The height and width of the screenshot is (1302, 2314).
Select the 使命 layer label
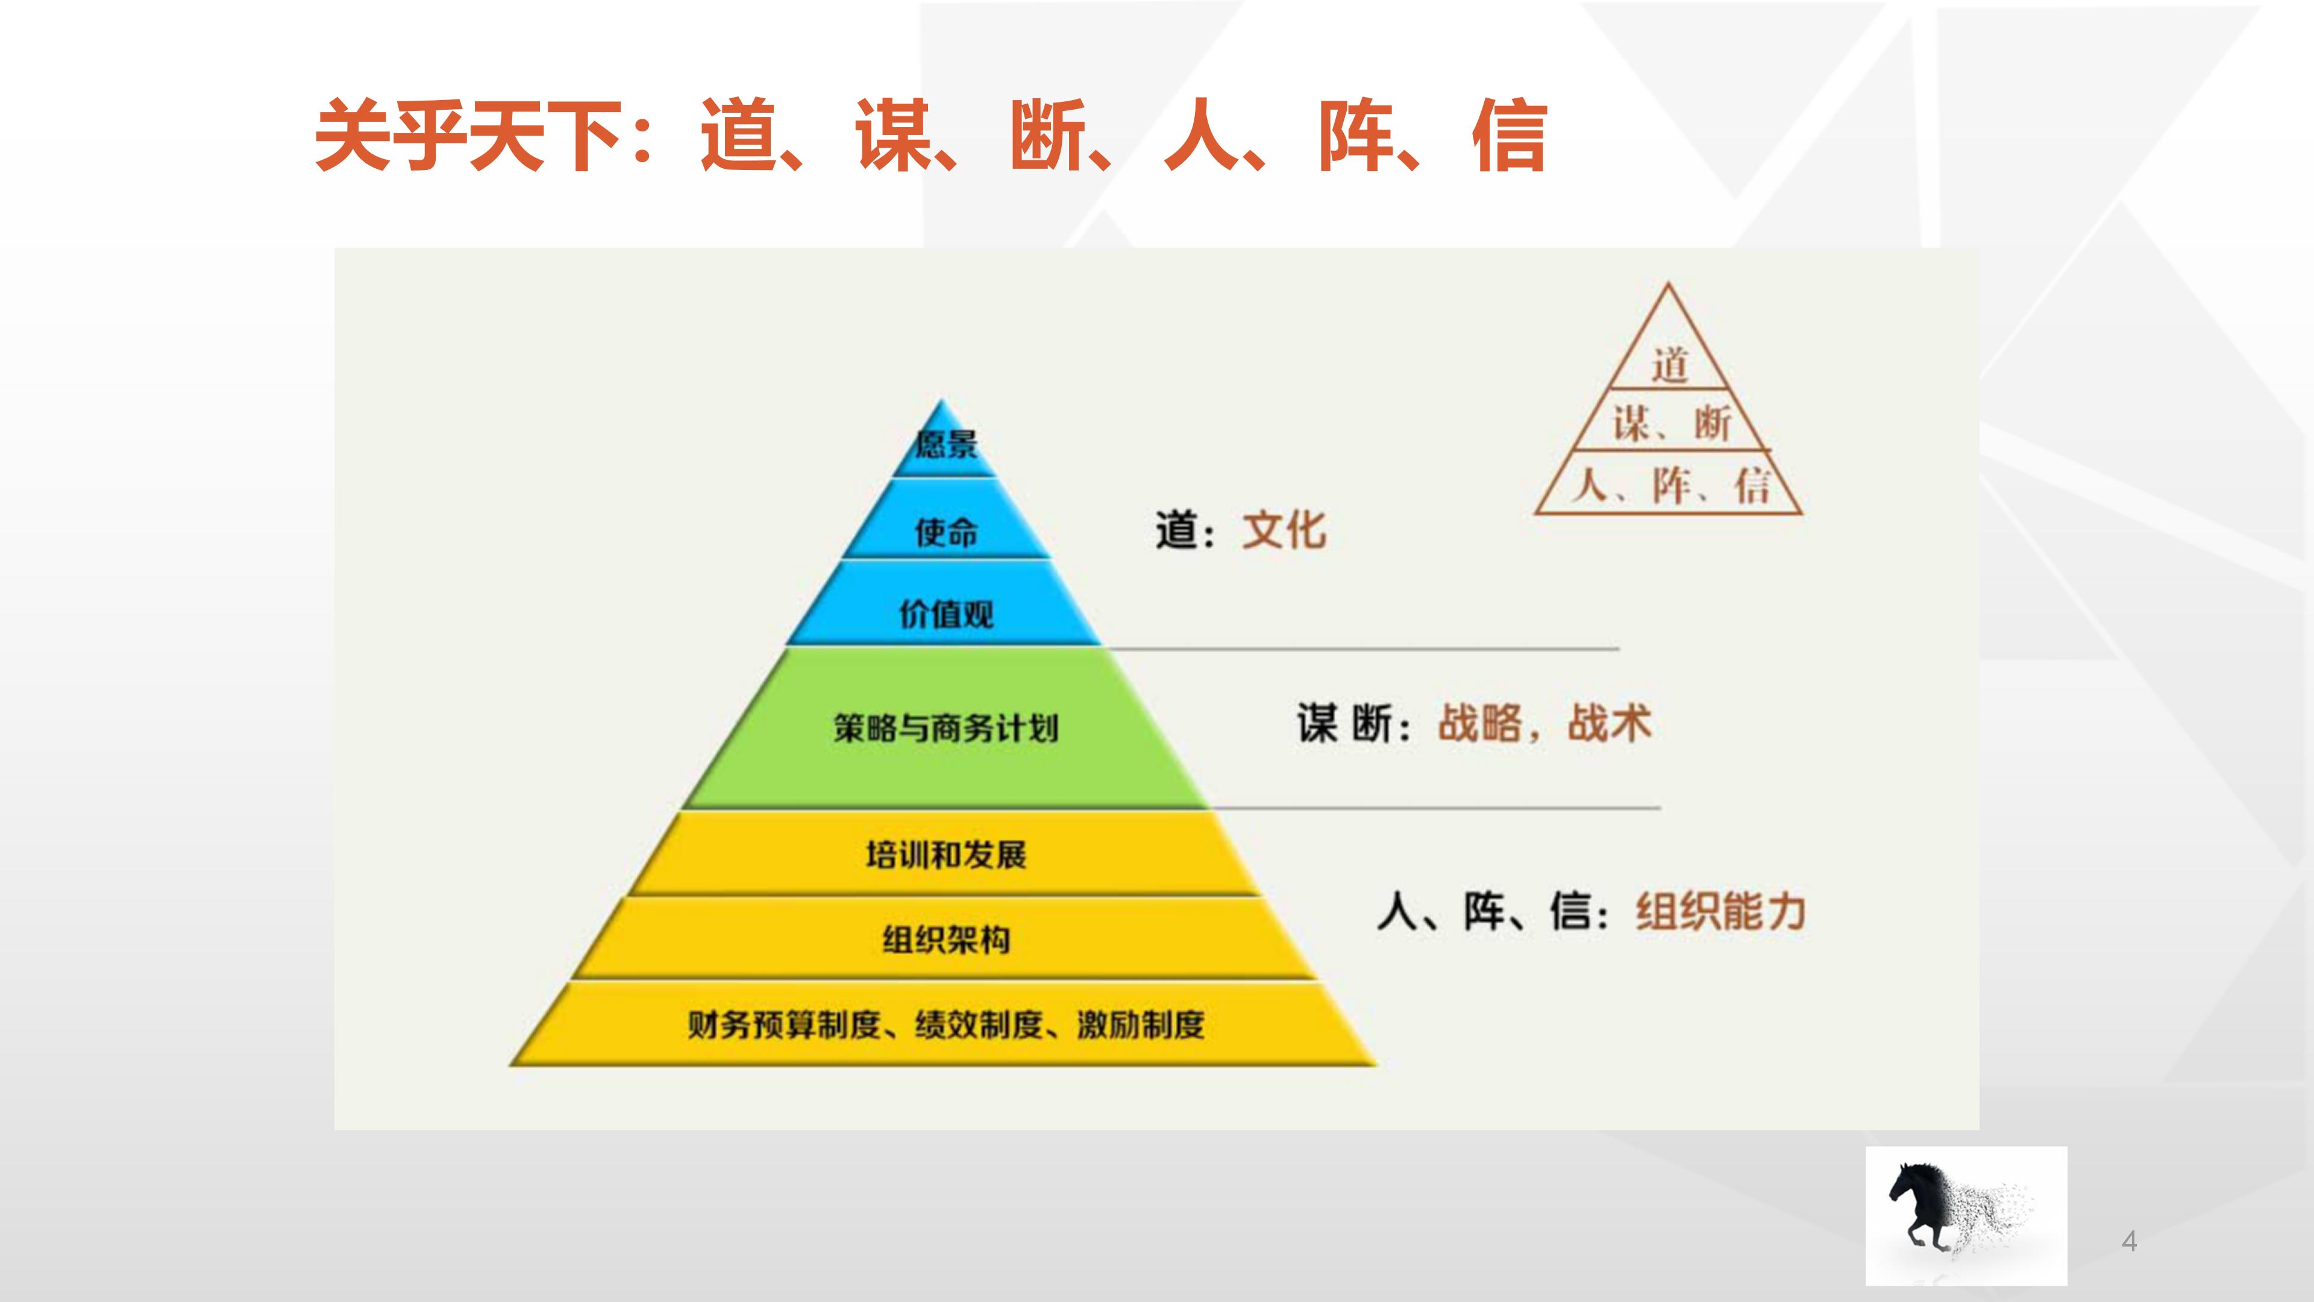946,532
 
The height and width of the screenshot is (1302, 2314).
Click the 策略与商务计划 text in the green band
946,727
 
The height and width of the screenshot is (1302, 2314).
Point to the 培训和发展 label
946,855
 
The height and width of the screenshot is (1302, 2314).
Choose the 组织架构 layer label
946,940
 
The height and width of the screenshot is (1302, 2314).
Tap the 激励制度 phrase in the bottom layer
1141,1024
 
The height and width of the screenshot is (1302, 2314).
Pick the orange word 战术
1609,723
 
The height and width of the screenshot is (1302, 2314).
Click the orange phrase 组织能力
1720,911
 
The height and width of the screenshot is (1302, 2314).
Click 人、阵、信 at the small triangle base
1669,486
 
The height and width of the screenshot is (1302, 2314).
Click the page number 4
2129,1242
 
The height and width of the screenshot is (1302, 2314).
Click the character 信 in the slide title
1509,136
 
